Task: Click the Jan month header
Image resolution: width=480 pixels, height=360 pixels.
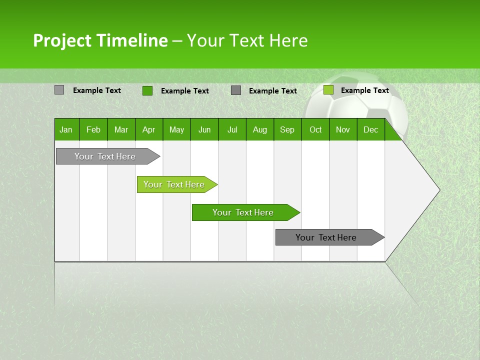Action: pos(66,129)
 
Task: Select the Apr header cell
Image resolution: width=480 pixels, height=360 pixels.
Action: pos(148,129)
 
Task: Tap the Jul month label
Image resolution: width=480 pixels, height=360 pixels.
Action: pos(232,129)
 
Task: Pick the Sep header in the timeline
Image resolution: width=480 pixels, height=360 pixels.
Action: pos(287,129)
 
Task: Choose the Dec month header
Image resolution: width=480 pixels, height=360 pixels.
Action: pos(370,129)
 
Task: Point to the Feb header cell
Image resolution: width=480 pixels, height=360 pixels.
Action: pos(93,129)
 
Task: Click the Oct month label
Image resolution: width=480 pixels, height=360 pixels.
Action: pos(315,129)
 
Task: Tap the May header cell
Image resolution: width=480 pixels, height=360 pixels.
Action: pos(176,129)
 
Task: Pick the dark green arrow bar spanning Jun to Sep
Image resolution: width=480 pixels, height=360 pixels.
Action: pos(243,212)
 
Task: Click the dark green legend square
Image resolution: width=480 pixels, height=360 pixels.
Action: pos(147,90)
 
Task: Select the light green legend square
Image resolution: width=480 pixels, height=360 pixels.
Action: pos(328,90)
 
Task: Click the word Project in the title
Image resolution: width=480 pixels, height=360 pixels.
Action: pos(62,40)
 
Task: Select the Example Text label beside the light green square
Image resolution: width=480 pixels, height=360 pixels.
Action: pos(364,90)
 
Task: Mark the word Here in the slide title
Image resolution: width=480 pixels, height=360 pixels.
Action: pos(288,40)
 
